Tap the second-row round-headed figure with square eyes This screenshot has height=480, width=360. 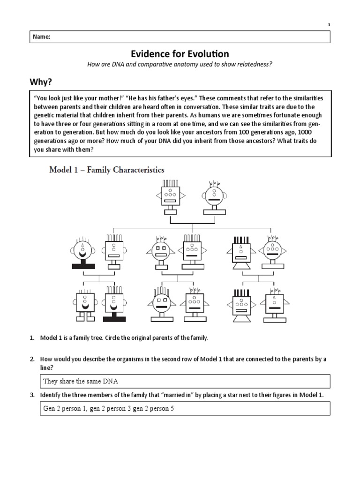(x=161, y=250)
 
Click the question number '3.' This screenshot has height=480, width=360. (x=32, y=395)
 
